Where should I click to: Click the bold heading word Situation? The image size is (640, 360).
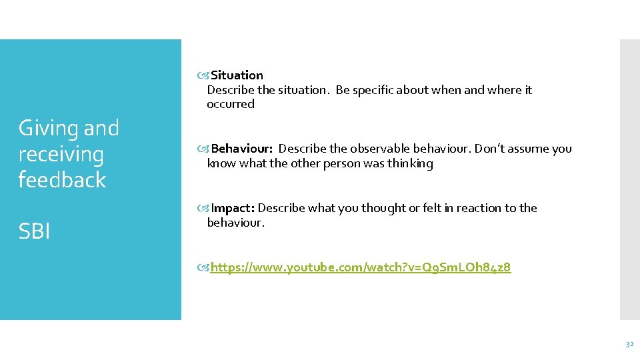(x=237, y=75)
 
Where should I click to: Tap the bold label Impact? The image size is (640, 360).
(x=233, y=208)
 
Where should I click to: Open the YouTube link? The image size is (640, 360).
(x=360, y=268)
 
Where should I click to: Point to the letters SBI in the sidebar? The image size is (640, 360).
(x=35, y=231)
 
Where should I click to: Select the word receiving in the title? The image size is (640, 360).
(x=61, y=154)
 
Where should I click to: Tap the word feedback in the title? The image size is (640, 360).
(x=62, y=180)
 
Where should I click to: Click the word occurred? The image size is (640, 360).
(x=231, y=104)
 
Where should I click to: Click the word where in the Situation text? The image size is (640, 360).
(x=505, y=90)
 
